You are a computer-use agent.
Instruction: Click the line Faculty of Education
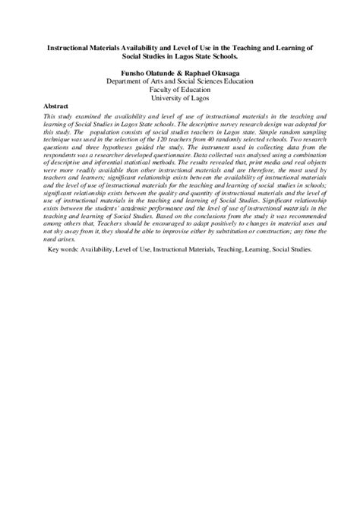(x=180, y=88)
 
